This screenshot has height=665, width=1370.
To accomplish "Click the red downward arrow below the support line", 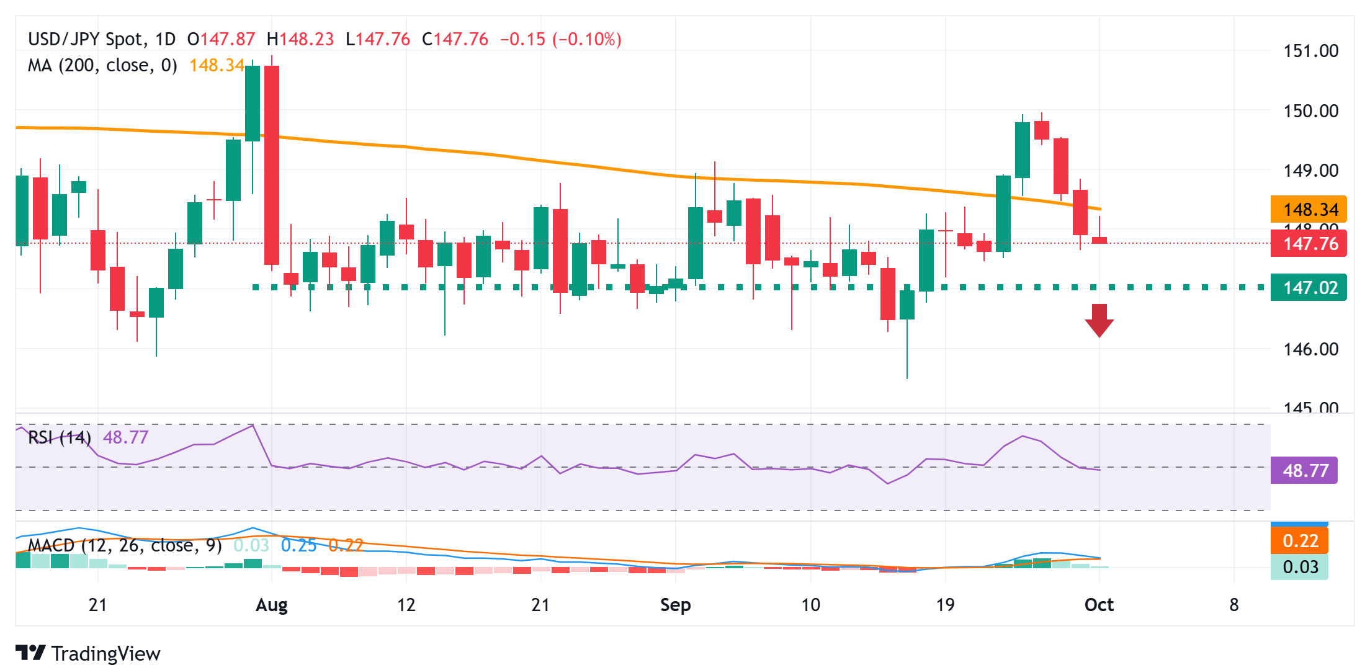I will click(x=1099, y=320).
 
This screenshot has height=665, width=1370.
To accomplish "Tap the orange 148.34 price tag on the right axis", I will click(x=1309, y=210).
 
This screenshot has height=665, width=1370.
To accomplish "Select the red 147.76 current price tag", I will click(x=1309, y=244).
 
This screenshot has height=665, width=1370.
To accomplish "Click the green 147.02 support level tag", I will click(x=1309, y=288).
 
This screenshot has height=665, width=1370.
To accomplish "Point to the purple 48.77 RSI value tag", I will click(x=1304, y=470).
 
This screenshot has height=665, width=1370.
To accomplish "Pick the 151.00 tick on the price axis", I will click(x=1310, y=51).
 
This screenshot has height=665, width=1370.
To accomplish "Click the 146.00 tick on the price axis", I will click(x=1310, y=349).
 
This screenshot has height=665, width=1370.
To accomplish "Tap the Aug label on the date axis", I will click(x=272, y=605).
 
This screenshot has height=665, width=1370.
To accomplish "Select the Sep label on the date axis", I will click(x=675, y=605).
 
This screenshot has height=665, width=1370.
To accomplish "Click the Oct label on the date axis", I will click(x=1099, y=605).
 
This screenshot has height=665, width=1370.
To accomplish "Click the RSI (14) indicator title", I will click(x=60, y=437).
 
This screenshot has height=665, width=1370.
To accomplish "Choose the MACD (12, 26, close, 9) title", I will click(x=125, y=545).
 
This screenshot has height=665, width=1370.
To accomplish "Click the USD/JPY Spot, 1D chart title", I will click(x=102, y=39).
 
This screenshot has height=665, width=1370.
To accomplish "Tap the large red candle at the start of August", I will click(x=272, y=165).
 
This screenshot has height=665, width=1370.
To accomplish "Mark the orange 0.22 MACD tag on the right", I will click(x=1299, y=541).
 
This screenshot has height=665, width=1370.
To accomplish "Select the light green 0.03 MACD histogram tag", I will click(x=1299, y=567).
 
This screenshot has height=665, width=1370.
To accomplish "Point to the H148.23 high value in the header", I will click(x=300, y=39).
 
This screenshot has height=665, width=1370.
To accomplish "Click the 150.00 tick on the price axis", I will click(x=1310, y=111).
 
